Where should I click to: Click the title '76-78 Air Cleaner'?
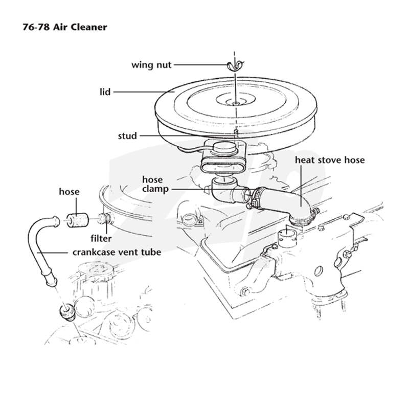point(65,27)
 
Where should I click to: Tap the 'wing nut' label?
point(151,65)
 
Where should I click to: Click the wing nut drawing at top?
point(235,65)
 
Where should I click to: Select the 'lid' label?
point(105,92)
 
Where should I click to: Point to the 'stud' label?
point(127,135)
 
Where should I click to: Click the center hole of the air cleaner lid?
point(236,103)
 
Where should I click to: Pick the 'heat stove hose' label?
point(330,160)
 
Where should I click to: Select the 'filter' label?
point(101,238)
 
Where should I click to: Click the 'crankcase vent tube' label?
point(117,252)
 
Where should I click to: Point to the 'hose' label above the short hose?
point(69,192)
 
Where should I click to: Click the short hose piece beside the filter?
point(77,220)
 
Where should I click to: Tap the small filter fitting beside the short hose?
point(105,219)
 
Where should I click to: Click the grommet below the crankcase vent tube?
point(67,311)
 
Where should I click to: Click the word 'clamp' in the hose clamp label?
point(155,189)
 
